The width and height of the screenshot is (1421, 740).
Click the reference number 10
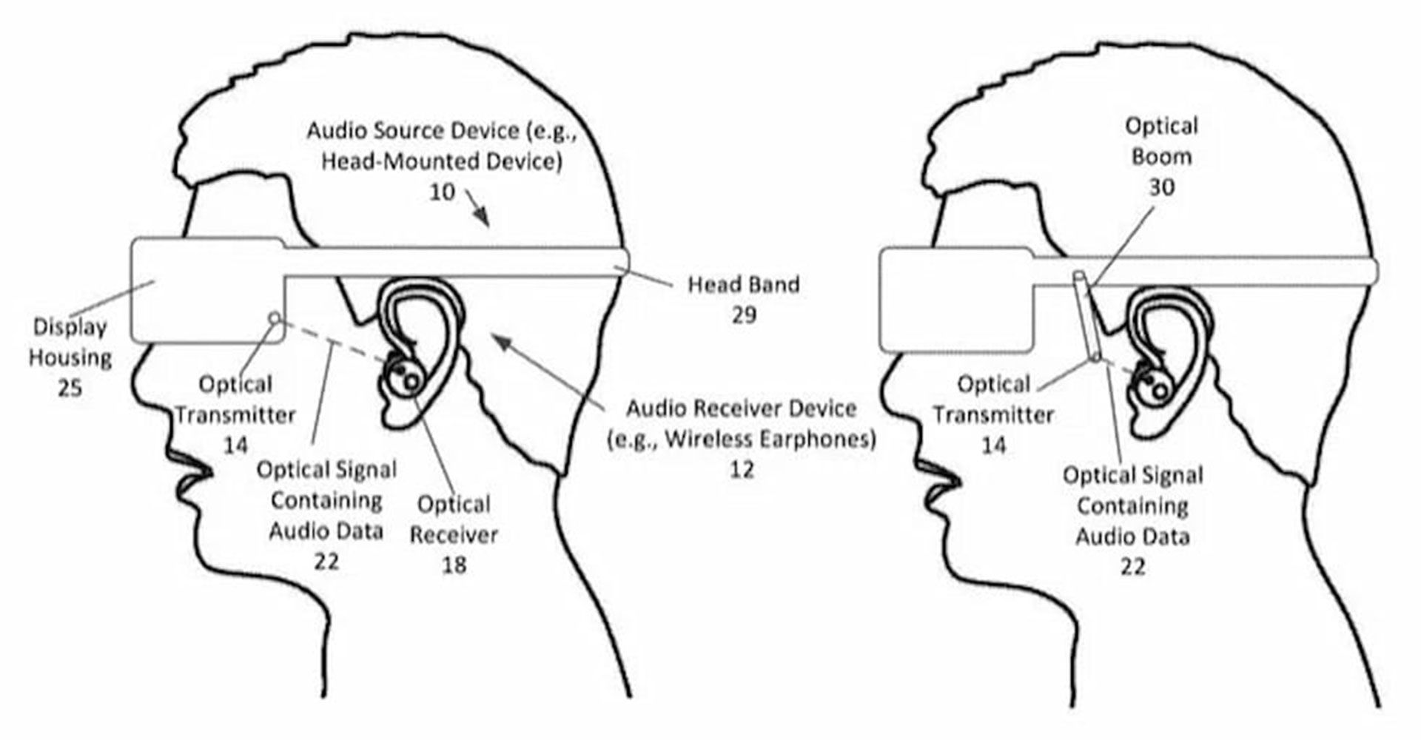(442, 192)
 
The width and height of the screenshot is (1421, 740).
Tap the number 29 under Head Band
(744, 315)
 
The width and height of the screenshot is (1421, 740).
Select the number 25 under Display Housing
(70, 388)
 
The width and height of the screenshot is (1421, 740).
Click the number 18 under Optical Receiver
(454, 565)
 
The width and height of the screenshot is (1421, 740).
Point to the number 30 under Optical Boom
(1161, 188)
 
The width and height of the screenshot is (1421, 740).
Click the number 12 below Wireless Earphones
(742, 469)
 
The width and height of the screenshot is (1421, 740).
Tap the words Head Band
(744, 284)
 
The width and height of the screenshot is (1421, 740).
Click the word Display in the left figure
(70, 326)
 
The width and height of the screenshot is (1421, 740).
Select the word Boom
(1161, 157)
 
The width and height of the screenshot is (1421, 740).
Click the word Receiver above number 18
(454, 534)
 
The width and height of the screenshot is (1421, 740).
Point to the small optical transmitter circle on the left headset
(275, 318)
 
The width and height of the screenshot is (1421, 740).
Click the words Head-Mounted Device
(441, 161)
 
